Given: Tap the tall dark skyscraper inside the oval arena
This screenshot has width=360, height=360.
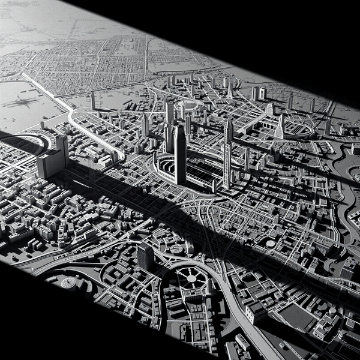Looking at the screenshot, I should [180, 154].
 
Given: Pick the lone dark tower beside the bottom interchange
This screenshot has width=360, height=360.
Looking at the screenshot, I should [145, 256].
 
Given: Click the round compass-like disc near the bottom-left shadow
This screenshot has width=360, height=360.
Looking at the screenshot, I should [68, 283].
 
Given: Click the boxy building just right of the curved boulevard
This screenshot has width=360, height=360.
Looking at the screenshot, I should [256, 312].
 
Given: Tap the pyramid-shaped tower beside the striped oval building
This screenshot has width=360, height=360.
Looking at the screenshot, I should [280, 127].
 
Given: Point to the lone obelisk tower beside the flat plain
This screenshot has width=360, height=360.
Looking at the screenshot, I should [93, 100].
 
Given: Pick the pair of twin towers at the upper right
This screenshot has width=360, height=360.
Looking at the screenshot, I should [259, 93].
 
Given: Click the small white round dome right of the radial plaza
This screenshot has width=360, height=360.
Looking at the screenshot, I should [271, 244].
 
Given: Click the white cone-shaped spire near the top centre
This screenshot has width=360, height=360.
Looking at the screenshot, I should [230, 90].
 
